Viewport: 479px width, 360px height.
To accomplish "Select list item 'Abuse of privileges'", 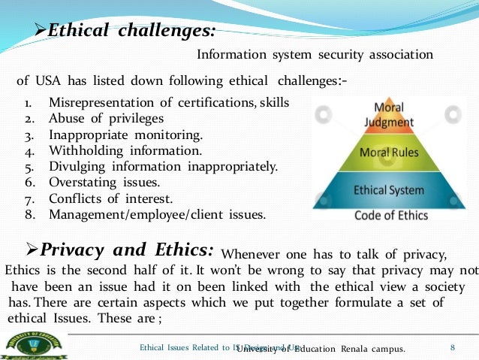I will (106, 118).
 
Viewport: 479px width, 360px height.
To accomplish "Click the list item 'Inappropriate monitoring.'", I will (125, 135).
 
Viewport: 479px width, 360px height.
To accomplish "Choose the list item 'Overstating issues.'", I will (104, 183).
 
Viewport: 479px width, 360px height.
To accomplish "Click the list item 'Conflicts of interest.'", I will (110, 199).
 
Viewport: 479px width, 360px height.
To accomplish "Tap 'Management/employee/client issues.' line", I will (157, 215).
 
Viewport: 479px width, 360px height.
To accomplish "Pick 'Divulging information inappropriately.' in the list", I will (163, 167).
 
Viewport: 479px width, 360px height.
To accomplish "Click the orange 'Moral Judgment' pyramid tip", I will (393, 115).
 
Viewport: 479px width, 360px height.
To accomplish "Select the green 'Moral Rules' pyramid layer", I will (394, 153).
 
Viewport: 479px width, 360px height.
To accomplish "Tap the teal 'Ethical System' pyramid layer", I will (394, 191).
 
